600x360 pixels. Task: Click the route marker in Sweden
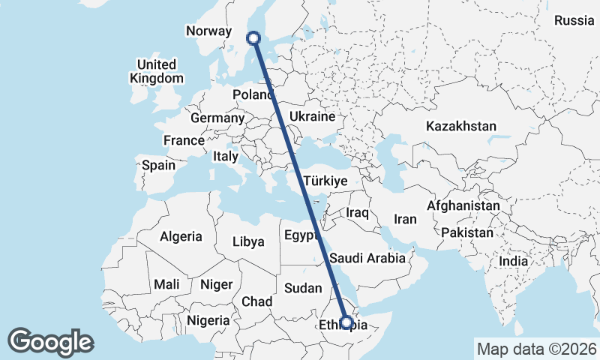click(253, 37)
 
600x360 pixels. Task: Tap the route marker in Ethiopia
click(346, 322)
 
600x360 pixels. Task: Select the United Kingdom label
click(156, 71)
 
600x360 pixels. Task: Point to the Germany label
click(217, 118)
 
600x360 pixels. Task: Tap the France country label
click(184, 140)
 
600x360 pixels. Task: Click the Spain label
click(158, 165)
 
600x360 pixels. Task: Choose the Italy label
click(226, 157)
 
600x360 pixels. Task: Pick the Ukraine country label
click(311, 118)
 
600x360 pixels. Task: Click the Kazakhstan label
click(461, 126)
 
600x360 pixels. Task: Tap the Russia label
click(574, 20)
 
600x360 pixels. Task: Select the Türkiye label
click(325, 181)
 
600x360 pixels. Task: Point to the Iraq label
click(357, 213)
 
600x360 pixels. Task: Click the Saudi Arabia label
click(367, 258)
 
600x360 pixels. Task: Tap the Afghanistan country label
click(463, 205)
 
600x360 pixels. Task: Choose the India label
click(514, 262)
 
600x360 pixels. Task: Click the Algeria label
click(181, 236)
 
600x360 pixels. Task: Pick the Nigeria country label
click(208, 320)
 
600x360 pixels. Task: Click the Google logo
click(51, 342)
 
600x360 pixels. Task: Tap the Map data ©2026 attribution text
click(536, 349)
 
